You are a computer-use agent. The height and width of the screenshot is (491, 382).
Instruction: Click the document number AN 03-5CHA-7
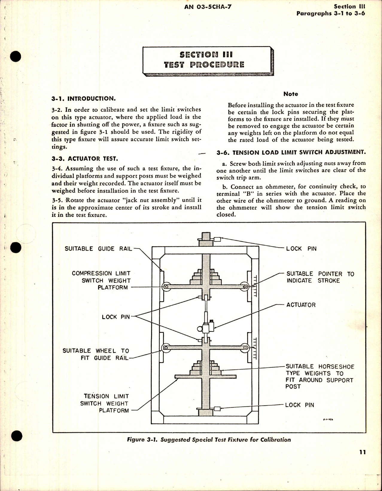204,7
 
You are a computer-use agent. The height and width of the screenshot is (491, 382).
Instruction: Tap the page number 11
362,452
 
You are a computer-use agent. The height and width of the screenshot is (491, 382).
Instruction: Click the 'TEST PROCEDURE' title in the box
204,65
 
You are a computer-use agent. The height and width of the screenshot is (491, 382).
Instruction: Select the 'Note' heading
290,94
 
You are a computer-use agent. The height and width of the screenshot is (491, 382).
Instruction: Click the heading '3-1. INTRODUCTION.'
83,99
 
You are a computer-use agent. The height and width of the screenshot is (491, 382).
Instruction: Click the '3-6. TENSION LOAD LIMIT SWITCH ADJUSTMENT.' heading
291,152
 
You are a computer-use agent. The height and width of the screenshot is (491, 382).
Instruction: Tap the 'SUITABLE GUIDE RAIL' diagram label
98,248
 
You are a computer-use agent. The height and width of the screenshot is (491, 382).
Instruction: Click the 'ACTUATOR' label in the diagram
301,305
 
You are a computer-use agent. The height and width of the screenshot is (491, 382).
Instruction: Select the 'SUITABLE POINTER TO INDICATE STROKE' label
320,277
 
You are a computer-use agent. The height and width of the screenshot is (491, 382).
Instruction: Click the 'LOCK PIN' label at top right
301,248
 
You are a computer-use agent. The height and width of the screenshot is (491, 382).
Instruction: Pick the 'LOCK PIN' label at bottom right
299,405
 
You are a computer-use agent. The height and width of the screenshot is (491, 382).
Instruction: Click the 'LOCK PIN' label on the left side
116,317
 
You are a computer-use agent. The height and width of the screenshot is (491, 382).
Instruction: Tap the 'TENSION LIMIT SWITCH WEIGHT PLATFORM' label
105,403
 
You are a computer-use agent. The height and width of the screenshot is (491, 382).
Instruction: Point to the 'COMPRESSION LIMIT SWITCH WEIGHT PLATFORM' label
101,280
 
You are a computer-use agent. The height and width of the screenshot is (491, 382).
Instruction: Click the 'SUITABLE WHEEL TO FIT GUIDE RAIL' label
96,354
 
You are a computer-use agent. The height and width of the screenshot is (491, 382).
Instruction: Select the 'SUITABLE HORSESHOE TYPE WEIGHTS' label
319,376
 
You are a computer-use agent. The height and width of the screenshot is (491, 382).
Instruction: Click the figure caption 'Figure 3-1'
208,440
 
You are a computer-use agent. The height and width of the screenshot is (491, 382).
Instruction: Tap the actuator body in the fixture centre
206,328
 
